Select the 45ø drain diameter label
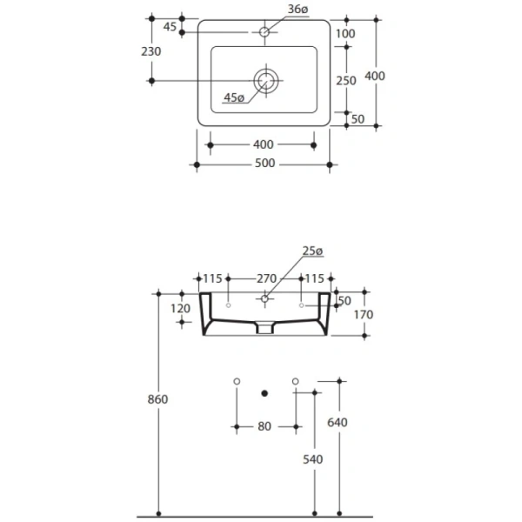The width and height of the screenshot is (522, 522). pos(233,97)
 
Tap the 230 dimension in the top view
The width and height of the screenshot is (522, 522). pos(151,51)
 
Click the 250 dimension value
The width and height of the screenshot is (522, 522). pos(346,79)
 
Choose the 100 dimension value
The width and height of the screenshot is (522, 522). pos(345,33)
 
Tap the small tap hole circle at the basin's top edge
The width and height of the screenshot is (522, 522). pos(265,32)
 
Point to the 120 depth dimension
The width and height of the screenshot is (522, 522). pos(181,308)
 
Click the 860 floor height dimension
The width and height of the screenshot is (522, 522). pos(157,399)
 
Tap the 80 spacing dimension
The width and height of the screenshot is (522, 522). pos(265,426)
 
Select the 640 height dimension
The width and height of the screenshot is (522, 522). pos(338,423)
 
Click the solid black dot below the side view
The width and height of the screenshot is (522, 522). pos(265,392)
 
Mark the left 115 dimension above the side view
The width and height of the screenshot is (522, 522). pos(212,278)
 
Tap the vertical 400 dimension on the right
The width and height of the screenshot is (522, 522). pos(375,76)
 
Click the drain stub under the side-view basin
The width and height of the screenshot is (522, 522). pos(265,330)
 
